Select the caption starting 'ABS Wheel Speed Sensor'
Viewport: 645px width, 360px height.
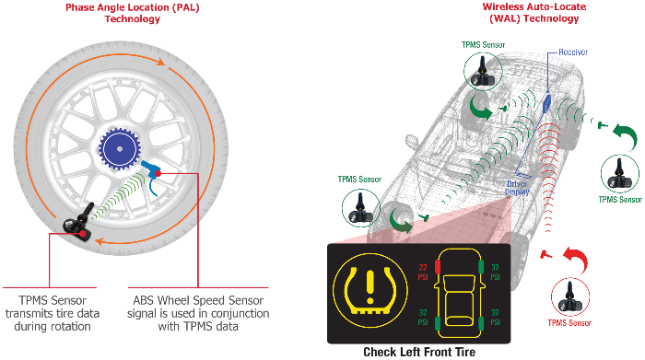[x=200, y=313]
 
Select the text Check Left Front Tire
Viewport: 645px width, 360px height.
[x=419, y=351]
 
